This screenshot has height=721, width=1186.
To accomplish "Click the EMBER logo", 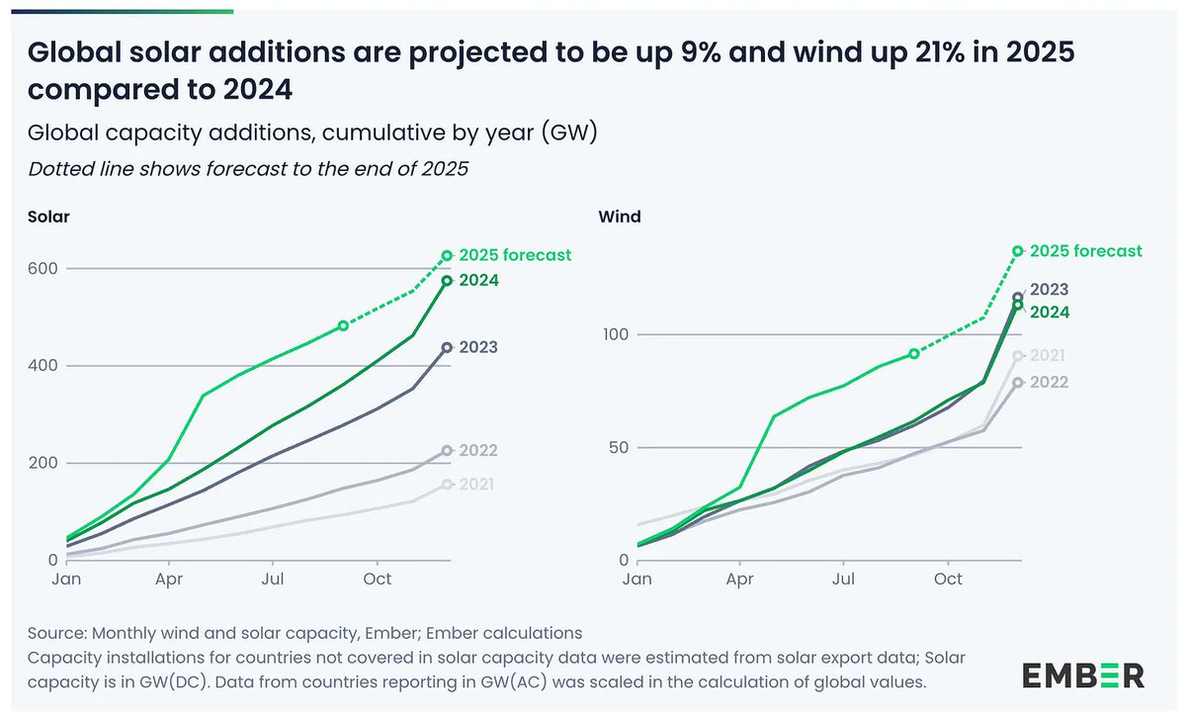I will pyautogui.click(x=1082, y=676).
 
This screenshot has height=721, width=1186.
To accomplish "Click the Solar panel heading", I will pyautogui.click(x=47, y=217).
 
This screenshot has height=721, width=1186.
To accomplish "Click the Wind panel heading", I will pyautogui.click(x=619, y=217).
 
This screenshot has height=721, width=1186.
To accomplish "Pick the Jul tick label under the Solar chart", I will pyautogui.click(x=274, y=578).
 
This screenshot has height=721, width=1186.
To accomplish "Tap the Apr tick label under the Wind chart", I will pyautogui.click(x=739, y=578).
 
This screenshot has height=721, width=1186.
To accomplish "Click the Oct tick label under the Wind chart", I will pyautogui.click(x=949, y=578).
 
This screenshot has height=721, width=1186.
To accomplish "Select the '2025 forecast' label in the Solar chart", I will pyautogui.click(x=515, y=255).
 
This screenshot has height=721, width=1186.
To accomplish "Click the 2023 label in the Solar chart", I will pyautogui.click(x=478, y=347).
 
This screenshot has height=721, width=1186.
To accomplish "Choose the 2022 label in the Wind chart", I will pyautogui.click(x=1049, y=382).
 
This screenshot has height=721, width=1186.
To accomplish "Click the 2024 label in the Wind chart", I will pyautogui.click(x=1049, y=312).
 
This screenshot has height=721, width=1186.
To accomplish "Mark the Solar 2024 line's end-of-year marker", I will pyautogui.click(x=447, y=281).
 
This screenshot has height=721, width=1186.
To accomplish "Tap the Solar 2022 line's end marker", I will pyautogui.click(x=447, y=451).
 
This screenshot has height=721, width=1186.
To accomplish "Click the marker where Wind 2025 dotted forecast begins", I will pyautogui.click(x=914, y=353).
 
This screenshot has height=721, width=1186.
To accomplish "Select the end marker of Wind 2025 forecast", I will pyautogui.click(x=1018, y=251).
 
